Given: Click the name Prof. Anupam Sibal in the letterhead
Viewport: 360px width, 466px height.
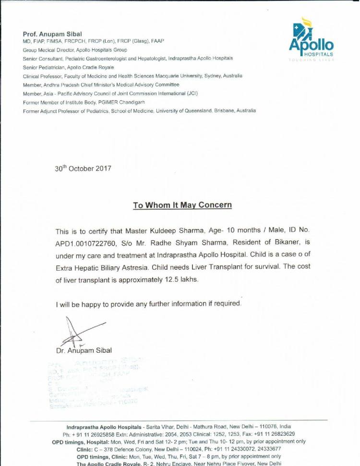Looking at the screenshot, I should [x=52, y=34].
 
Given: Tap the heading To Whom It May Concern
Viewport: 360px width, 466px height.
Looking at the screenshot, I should [x=182, y=205].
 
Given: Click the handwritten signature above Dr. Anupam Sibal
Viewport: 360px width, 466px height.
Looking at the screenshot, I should [x=79, y=331].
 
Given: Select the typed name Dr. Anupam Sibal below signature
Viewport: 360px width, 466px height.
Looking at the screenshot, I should [x=84, y=350].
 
